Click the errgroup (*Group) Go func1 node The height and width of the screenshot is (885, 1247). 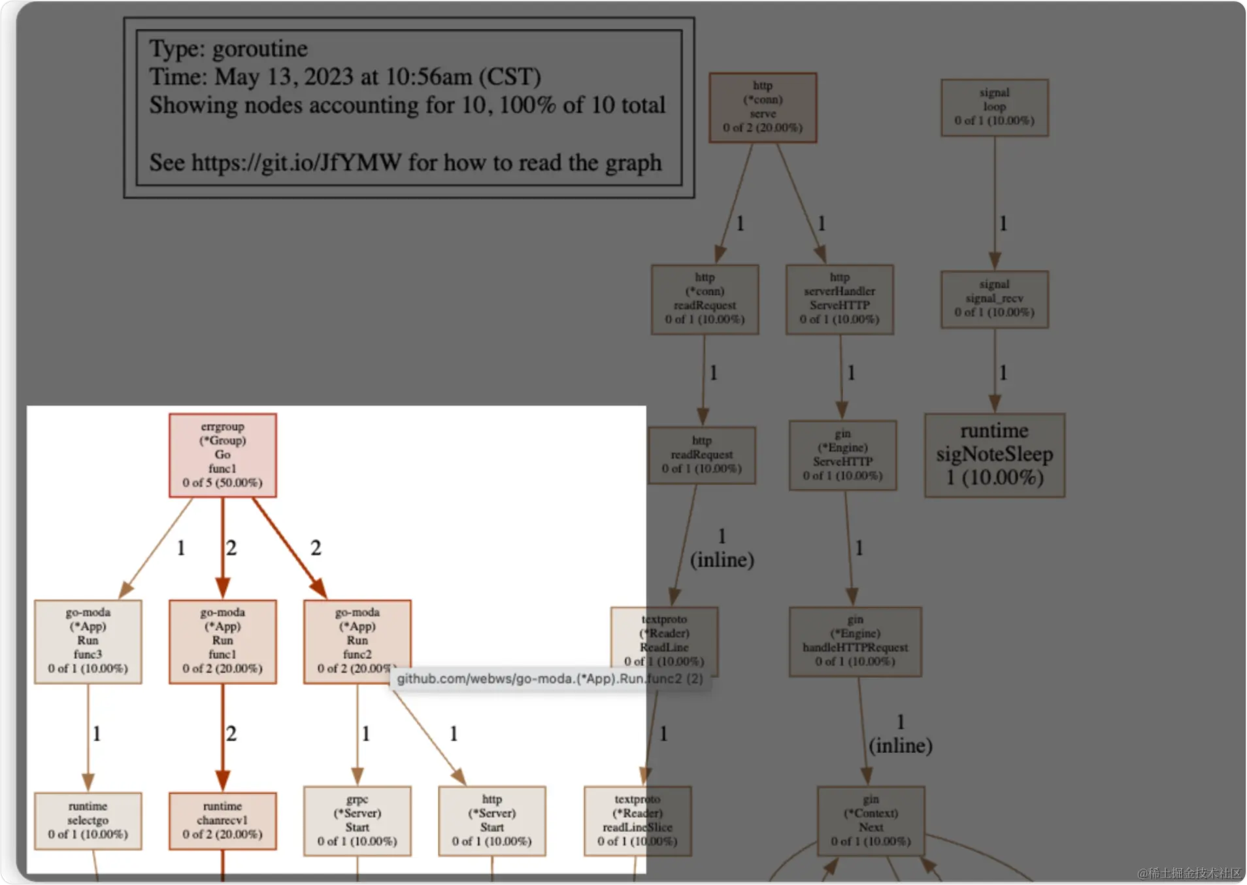click(x=222, y=455)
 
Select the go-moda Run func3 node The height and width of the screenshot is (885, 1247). click(x=88, y=641)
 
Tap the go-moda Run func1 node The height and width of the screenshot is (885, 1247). click(x=222, y=641)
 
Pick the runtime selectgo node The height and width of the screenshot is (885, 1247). click(x=88, y=820)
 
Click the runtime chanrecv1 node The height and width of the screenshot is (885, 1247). click(x=222, y=820)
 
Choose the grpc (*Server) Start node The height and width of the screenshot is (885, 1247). click(x=357, y=820)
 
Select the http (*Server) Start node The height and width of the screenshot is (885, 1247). click(x=491, y=820)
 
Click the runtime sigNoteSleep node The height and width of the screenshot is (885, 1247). click(x=994, y=455)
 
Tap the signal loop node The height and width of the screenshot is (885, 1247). click(x=994, y=107)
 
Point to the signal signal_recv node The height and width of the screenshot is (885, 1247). click(x=994, y=299)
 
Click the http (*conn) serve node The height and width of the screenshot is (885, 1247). click(x=763, y=107)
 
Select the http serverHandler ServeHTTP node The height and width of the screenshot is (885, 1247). click(x=839, y=299)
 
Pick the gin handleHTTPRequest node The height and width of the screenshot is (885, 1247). click(x=855, y=641)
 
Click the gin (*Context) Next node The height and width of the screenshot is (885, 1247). click(x=871, y=820)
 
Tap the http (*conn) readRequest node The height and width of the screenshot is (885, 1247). click(x=705, y=299)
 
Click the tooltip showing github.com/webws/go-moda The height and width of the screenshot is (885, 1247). click(x=549, y=678)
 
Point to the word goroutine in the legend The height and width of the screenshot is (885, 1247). click(x=259, y=49)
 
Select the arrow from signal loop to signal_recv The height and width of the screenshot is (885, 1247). click(x=995, y=203)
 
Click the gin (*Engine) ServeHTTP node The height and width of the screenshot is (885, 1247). click(x=842, y=455)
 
